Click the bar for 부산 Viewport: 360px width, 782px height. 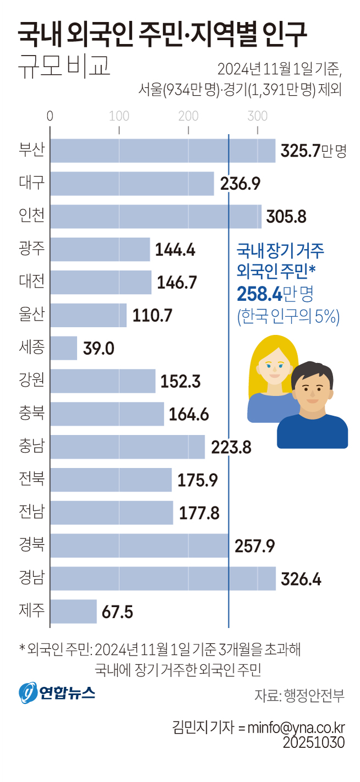(x=163, y=151)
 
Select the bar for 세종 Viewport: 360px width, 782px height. (x=64, y=348)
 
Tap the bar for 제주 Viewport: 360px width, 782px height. (x=74, y=612)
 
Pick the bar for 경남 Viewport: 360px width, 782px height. (x=163, y=579)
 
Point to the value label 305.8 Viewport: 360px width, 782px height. (x=286, y=217)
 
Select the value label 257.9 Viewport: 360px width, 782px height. (x=254, y=546)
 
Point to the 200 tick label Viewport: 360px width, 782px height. (x=189, y=116)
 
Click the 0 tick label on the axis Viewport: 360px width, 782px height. (x=51, y=116)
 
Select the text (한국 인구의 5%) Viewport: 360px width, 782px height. (x=288, y=317)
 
